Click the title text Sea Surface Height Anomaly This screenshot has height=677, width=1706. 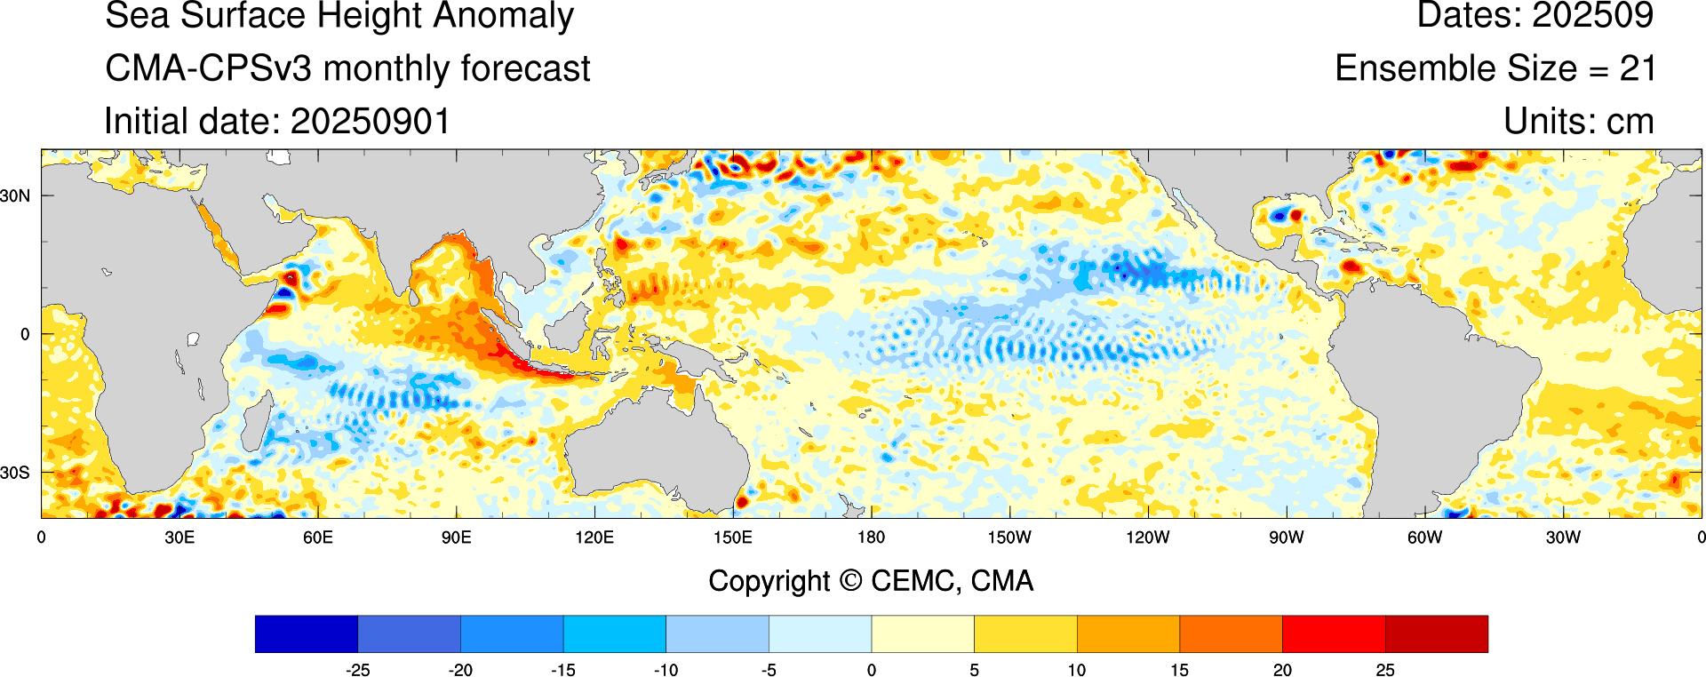point(339,16)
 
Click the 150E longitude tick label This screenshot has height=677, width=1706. point(732,538)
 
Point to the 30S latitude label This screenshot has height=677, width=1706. point(15,473)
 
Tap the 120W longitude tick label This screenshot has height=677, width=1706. point(1147,538)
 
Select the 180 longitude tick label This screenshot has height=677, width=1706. point(871,538)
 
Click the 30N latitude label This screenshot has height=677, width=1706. point(15,195)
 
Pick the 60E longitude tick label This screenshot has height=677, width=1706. point(317,538)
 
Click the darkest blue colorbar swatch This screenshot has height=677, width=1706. point(306,633)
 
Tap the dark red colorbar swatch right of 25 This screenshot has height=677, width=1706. point(1436,633)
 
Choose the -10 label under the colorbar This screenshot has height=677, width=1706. point(666,670)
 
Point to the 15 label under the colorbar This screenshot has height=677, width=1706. point(1179,670)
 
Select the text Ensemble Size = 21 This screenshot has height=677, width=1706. point(1495,68)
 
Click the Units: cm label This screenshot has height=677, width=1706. point(1578,122)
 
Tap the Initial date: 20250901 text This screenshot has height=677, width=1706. point(277,122)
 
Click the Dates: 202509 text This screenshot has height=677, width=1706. point(1535,16)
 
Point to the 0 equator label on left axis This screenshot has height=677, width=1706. point(25,335)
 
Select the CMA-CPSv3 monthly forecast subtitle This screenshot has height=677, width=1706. point(347,68)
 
